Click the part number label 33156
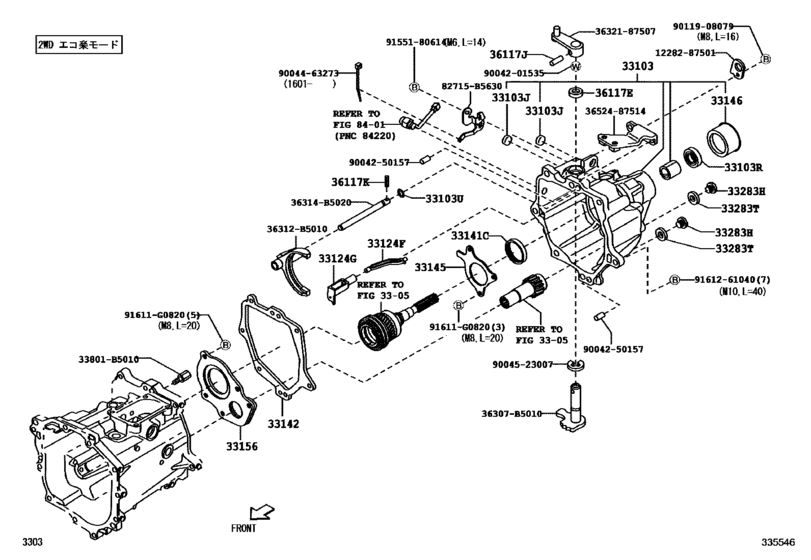(241, 445)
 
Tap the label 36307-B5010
(511, 414)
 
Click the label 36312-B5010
(297, 229)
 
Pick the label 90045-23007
(522, 364)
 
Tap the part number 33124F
(386, 243)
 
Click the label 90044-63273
(310, 73)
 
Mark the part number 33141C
(470, 236)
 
